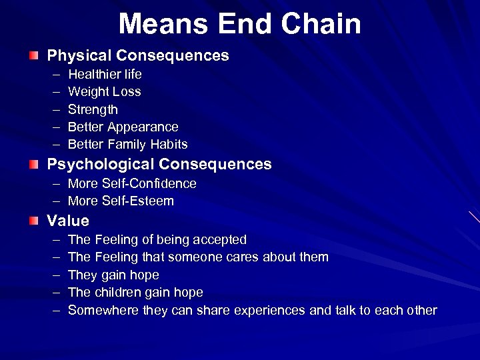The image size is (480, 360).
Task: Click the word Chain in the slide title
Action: tap(321, 24)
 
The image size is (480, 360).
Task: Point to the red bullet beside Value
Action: tap(33, 220)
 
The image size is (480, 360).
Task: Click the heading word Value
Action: tap(67, 221)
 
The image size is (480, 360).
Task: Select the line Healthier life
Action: tap(105, 74)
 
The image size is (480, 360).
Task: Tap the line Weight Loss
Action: tap(104, 92)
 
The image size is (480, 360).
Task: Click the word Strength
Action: tap(93, 110)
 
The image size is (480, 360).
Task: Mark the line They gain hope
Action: tap(113, 275)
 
